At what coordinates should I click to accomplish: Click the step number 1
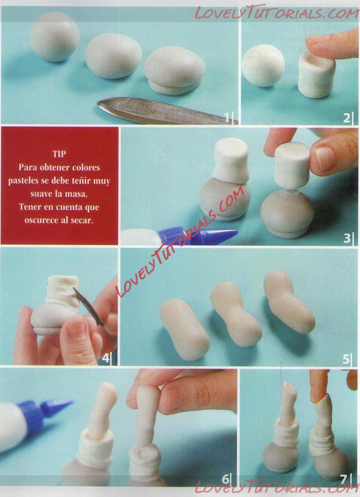(227, 118)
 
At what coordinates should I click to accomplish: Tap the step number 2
(347, 118)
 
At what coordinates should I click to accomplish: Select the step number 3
(347, 238)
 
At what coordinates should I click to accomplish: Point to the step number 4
(106, 358)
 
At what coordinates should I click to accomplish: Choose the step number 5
(346, 359)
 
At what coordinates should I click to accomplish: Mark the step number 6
(225, 479)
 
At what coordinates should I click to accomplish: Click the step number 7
(344, 479)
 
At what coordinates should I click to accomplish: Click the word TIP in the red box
(59, 154)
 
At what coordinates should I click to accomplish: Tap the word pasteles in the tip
(24, 181)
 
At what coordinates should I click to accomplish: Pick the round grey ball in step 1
(54, 37)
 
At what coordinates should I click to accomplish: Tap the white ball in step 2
(263, 65)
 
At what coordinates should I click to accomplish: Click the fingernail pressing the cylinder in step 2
(318, 39)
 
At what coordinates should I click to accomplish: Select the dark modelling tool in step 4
(88, 306)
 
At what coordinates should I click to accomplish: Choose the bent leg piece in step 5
(289, 301)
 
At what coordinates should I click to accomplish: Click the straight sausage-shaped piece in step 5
(185, 330)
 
